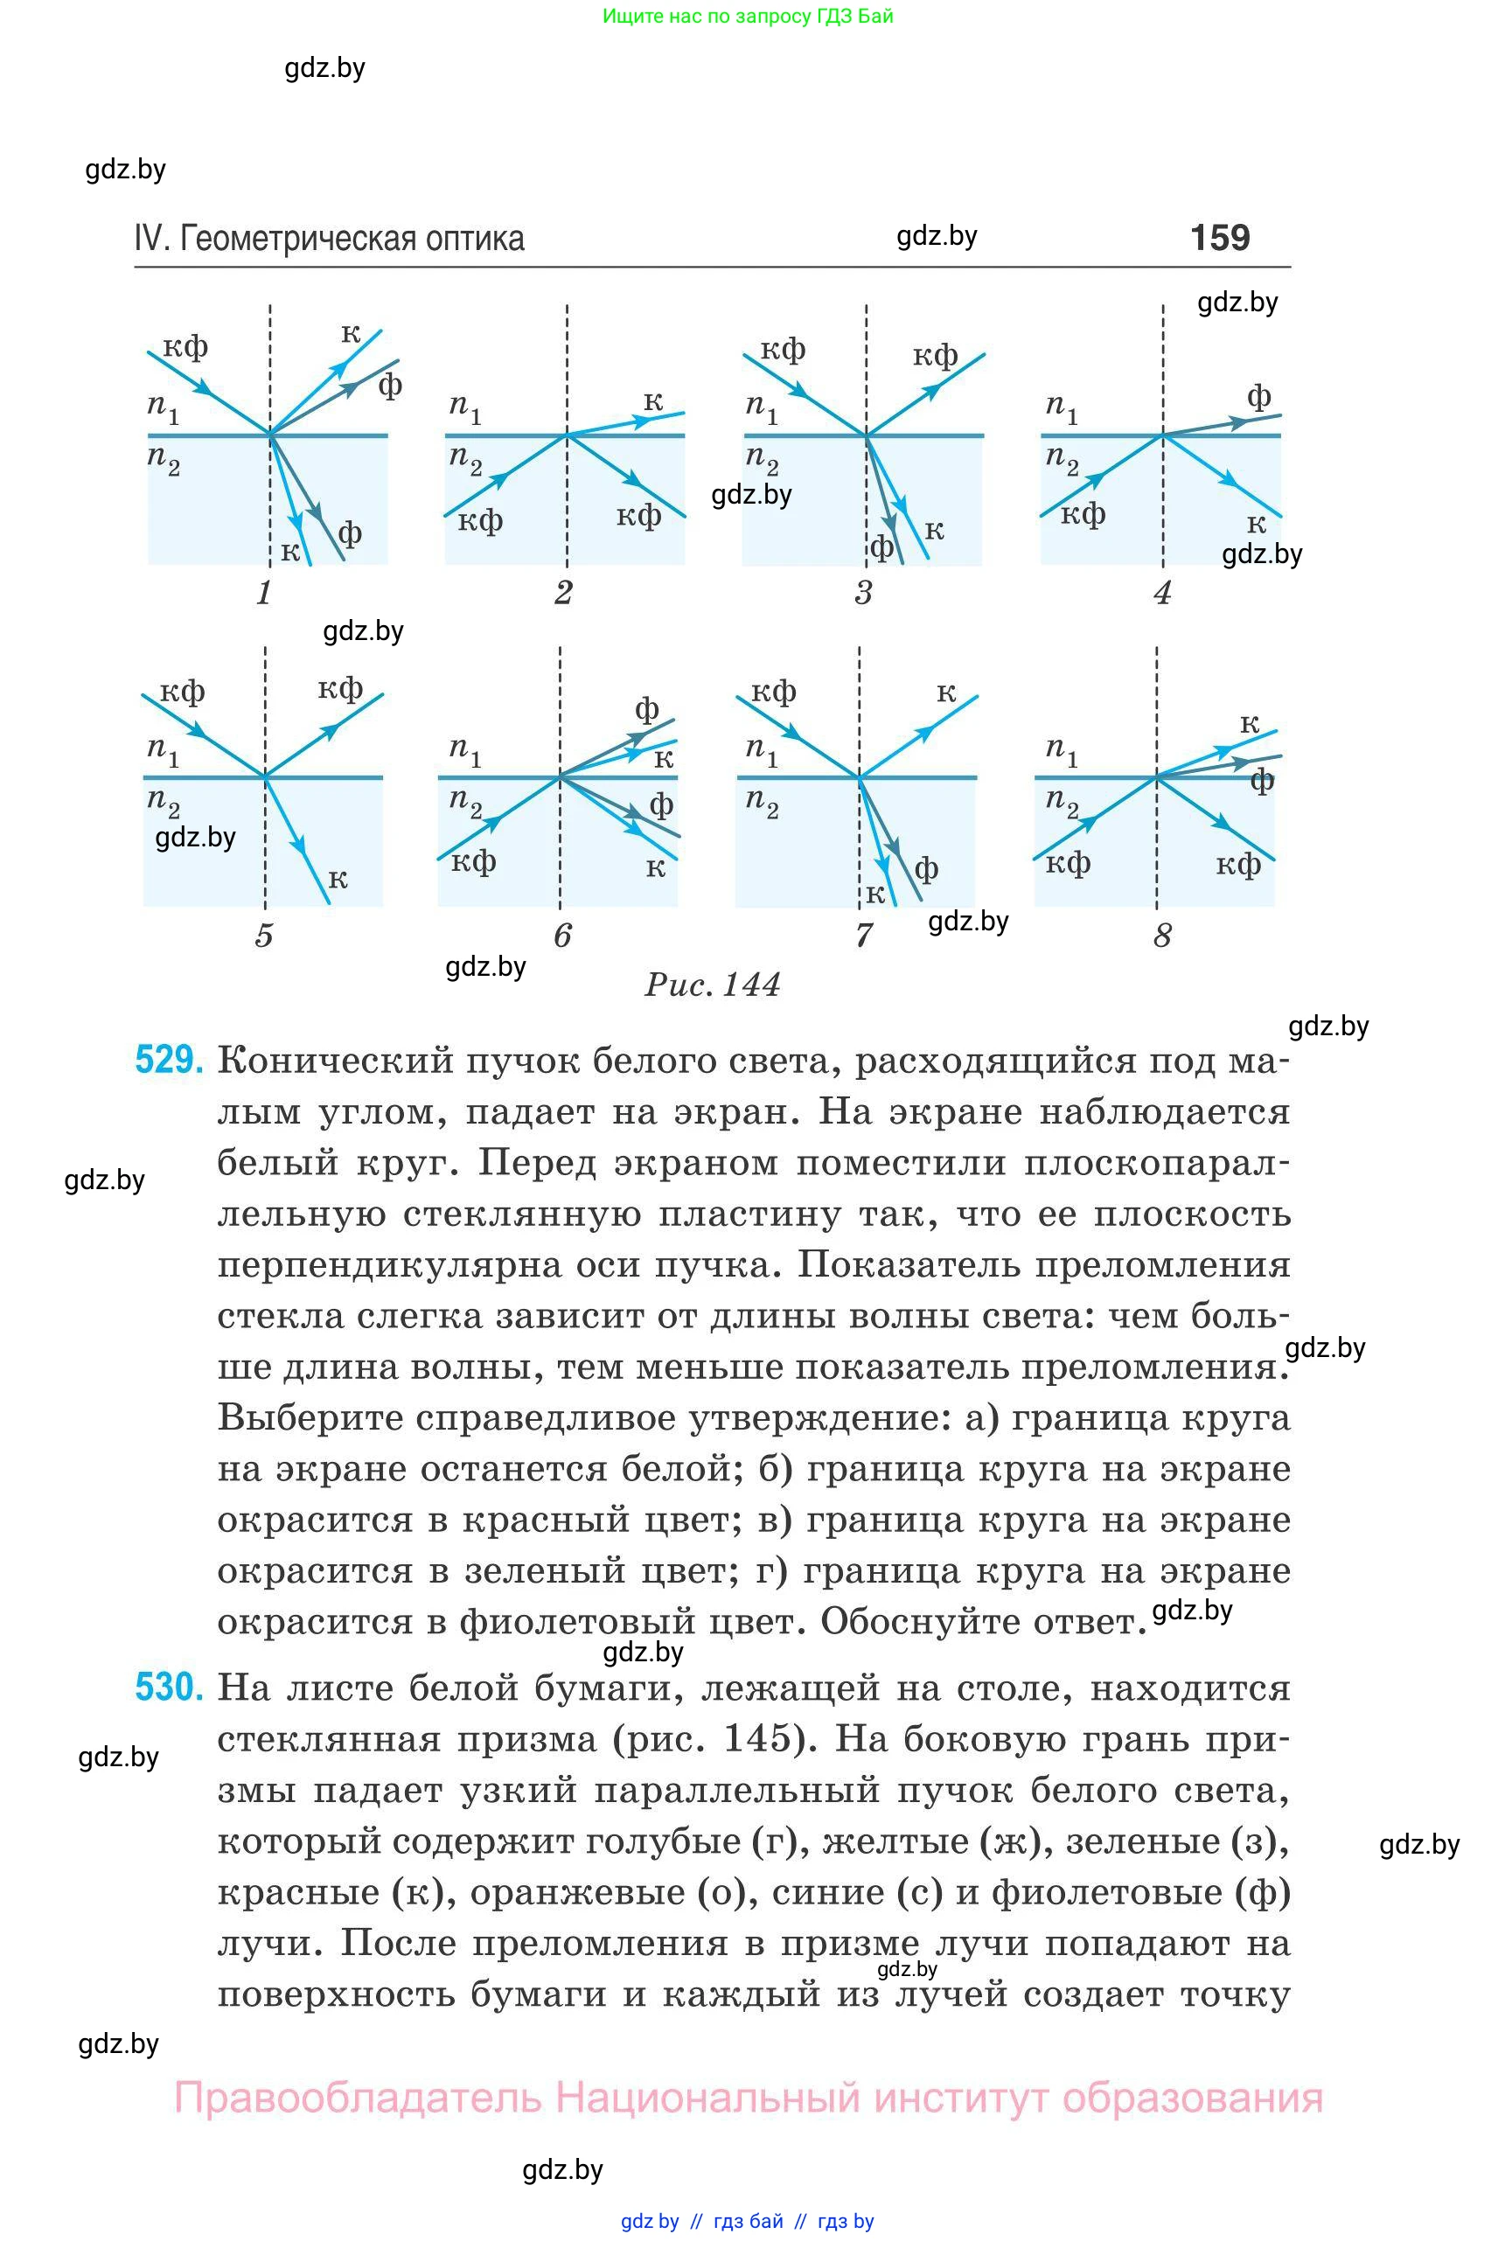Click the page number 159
pyautogui.click(x=1219, y=237)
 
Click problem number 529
pyautogui.click(x=168, y=1061)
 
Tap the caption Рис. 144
pyautogui.click(x=712, y=984)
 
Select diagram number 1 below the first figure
pyautogui.click(x=264, y=593)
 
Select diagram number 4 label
pyautogui.click(x=1161, y=593)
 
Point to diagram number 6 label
pyautogui.click(x=562, y=936)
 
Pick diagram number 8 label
pyautogui.click(x=1161, y=936)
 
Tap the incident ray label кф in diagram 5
pyautogui.click(x=182, y=691)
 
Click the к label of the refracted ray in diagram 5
pyautogui.click(x=338, y=879)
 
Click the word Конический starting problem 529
pyautogui.click(x=334, y=1061)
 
